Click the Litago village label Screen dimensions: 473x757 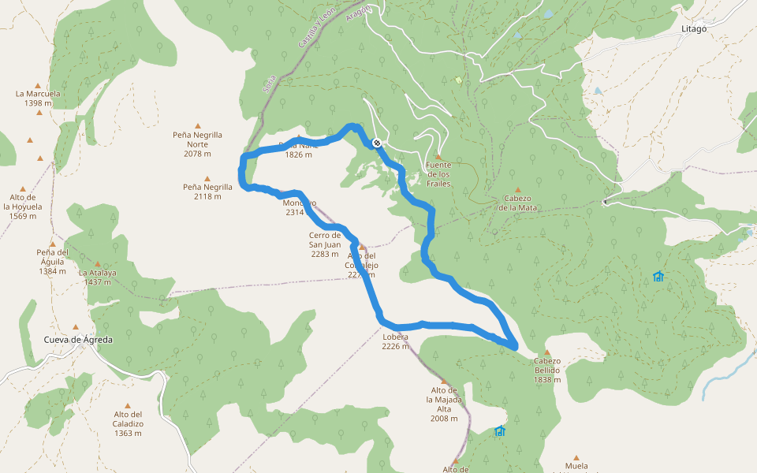point(693,28)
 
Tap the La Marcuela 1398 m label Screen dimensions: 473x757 point(38,98)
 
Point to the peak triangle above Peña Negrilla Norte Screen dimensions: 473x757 point(197,125)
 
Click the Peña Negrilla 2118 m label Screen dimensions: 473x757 point(207,192)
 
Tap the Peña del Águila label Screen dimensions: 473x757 point(52,262)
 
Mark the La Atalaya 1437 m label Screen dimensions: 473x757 point(97,277)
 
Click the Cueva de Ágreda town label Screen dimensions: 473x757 point(78,340)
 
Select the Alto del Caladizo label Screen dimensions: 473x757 point(127,423)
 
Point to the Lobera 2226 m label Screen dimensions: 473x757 point(395,341)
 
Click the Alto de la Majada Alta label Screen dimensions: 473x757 point(444,404)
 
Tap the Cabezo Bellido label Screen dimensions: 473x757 point(546,370)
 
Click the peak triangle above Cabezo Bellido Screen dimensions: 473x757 point(546,352)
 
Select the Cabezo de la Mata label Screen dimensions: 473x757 point(517,203)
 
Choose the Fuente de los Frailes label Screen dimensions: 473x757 point(438,174)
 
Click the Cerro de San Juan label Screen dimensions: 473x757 point(325,244)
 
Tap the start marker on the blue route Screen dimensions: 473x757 point(377,143)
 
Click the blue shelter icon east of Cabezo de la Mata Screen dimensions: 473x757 point(658,277)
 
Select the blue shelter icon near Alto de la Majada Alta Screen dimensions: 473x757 point(499,431)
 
